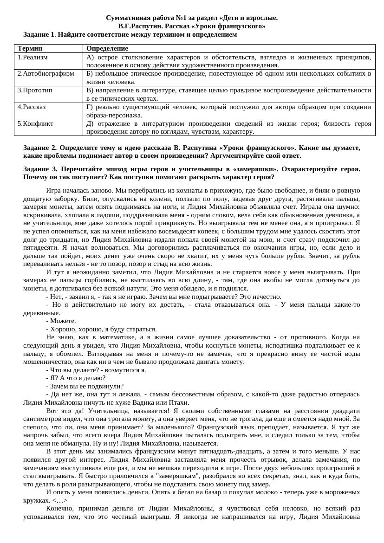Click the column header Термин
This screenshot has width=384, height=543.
(x=30, y=48)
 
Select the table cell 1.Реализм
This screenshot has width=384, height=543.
(x=33, y=57)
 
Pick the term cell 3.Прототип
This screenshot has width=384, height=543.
(x=35, y=90)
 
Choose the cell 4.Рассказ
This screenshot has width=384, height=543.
(x=32, y=107)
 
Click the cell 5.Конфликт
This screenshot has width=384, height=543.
(x=35, y=123)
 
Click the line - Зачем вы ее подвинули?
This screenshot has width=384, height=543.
(x=85, y=386)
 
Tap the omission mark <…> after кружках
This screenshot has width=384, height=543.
(x=59, y=500)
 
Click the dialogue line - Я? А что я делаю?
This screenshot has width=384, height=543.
(x=76, y=378)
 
